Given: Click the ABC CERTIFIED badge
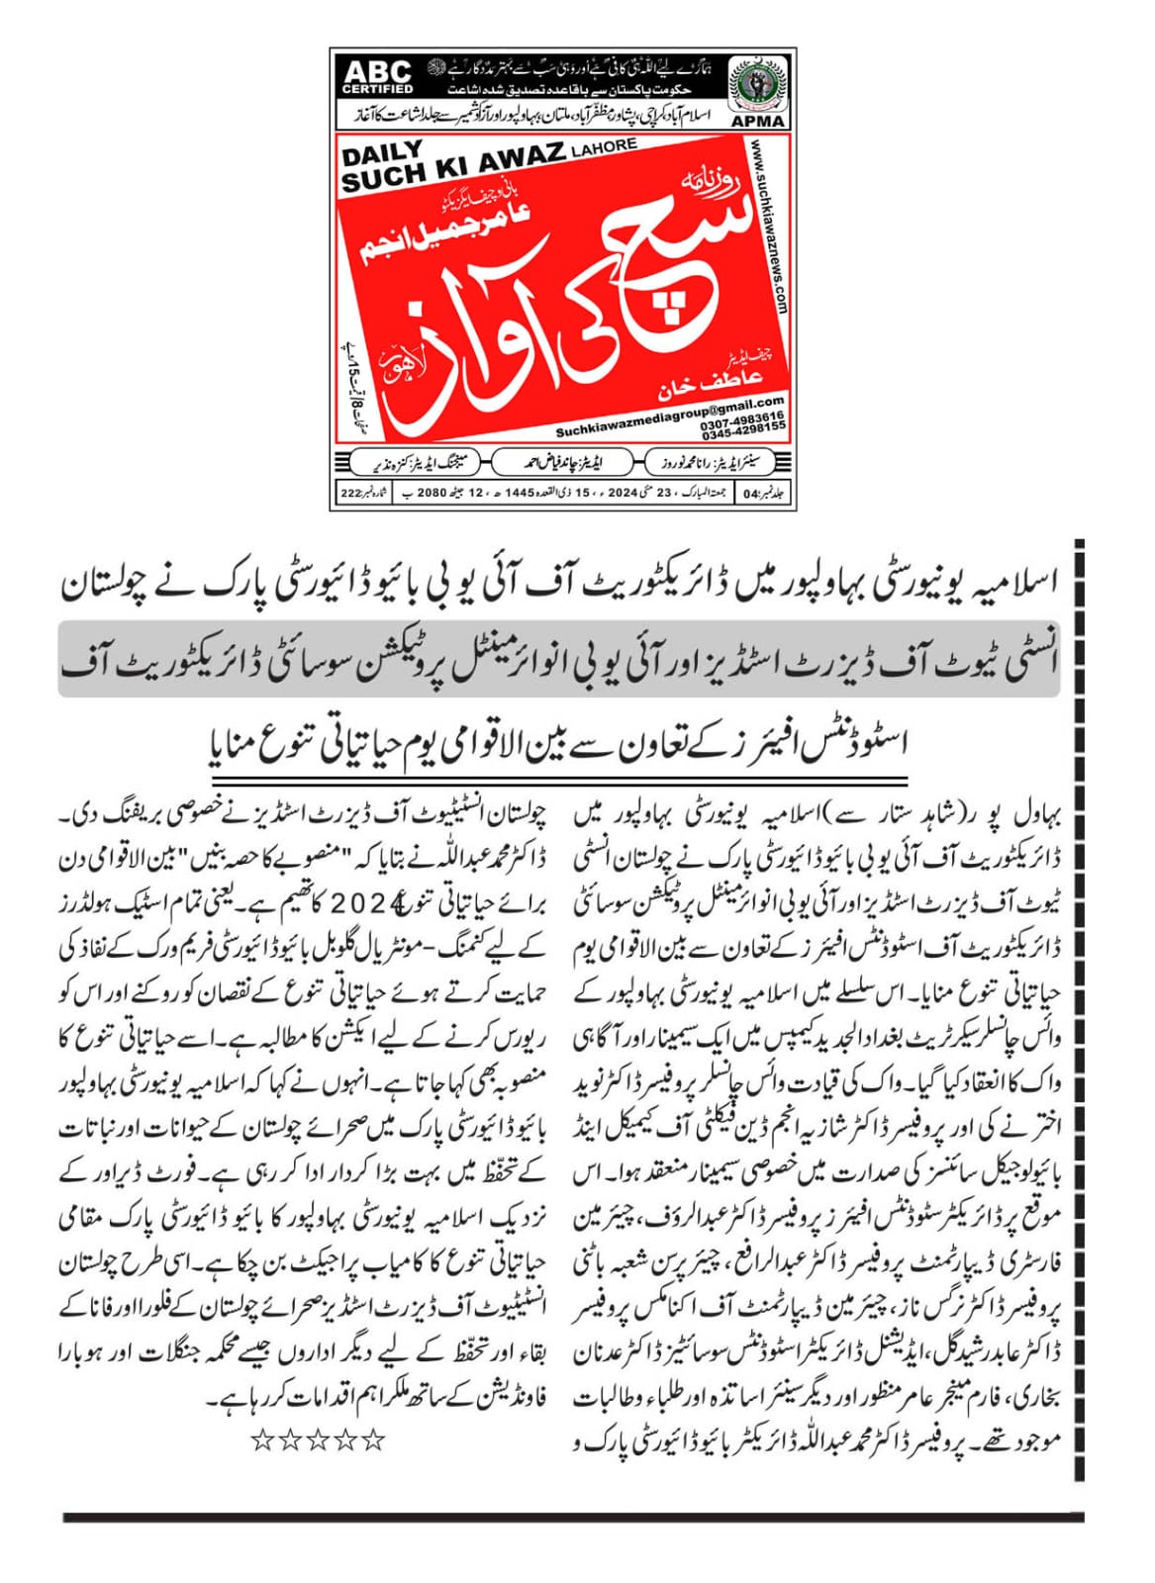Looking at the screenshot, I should click(x=377, y=76).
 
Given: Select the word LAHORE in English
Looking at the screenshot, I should click(x=604, y=146).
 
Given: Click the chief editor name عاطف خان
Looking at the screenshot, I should click(x=700, y=382).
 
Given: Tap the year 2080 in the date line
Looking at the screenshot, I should click(x=434, y=492).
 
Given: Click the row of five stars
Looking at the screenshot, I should click(x=318, y=1440).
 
